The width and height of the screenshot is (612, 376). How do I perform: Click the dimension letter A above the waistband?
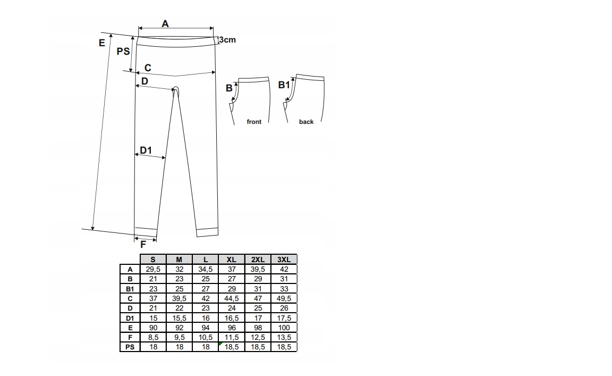coord(165,24)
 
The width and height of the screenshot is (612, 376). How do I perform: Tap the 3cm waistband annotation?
coord(227,40)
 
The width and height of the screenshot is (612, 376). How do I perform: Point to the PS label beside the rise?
coord(123,51)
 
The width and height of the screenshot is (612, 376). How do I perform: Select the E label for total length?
coord(102,43)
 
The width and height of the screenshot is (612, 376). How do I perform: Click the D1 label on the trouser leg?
coord(146,150)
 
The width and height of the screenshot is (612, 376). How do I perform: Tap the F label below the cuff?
coord(143,245)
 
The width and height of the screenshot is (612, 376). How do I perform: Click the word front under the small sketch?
coord(254,122)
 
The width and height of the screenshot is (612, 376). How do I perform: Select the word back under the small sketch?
coord(307,122)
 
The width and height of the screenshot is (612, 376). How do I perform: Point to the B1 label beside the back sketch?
coord(284,85)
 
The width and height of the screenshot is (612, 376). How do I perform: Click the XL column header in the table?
coord(232,260)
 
